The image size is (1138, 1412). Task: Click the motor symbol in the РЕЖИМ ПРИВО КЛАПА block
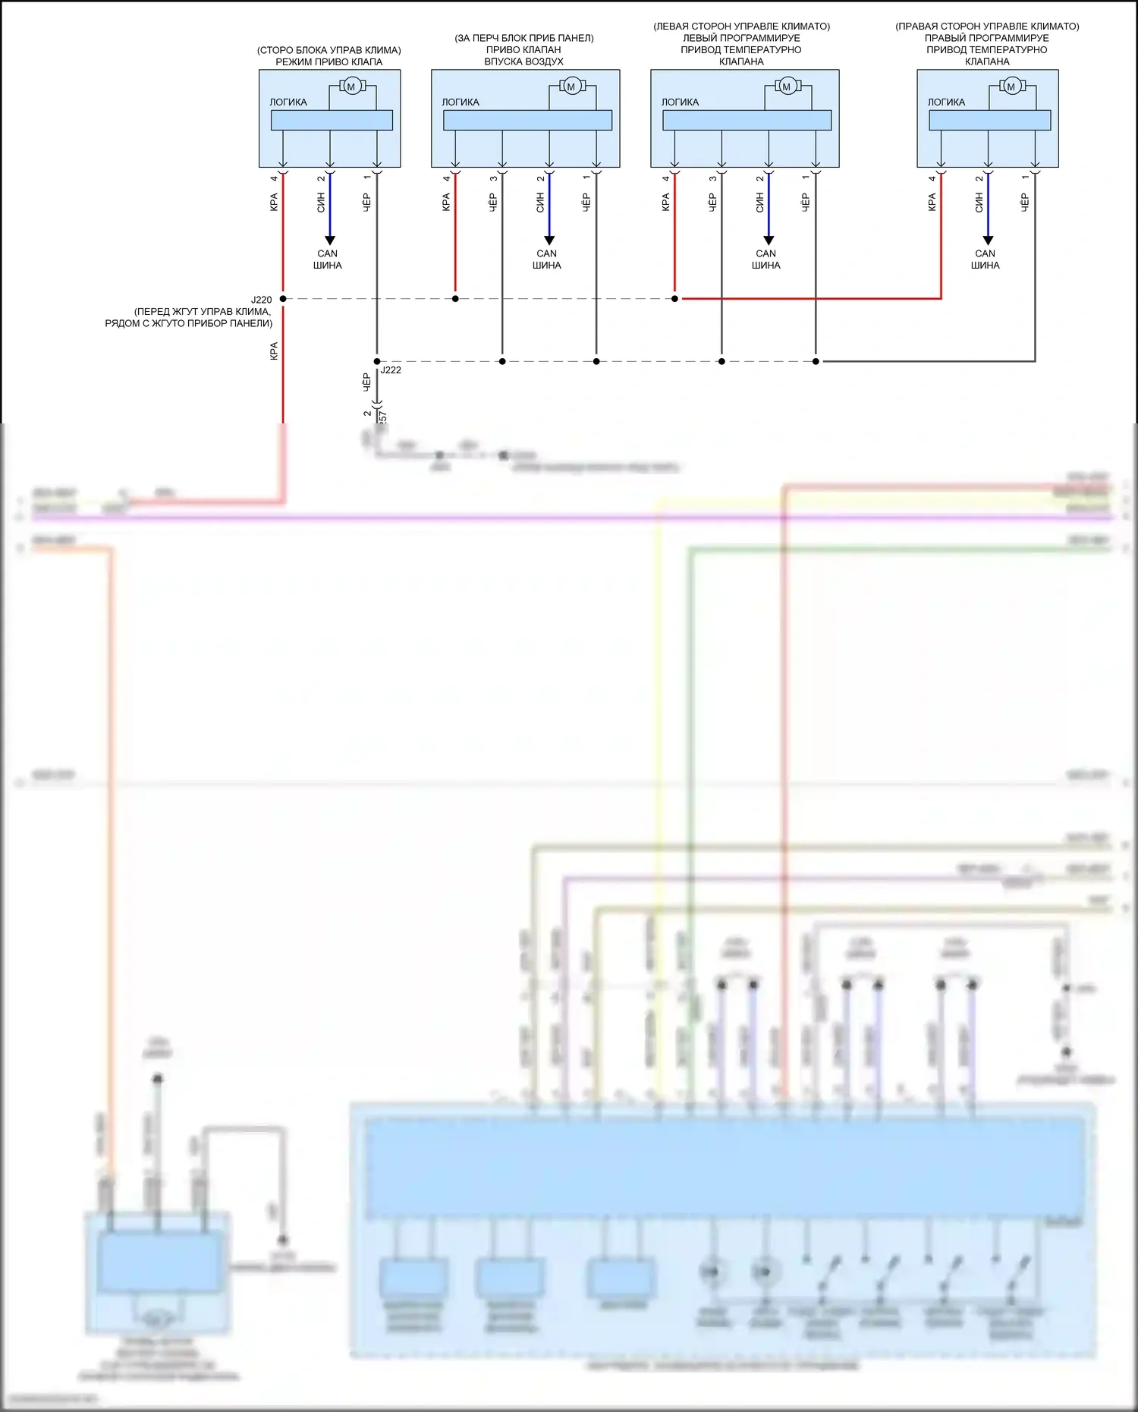click(x=351, y=87)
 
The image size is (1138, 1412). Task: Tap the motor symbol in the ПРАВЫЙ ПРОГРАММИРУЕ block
click(x=1011, y=87)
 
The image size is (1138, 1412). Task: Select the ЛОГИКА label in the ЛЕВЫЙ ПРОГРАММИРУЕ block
click(x=680, y=102)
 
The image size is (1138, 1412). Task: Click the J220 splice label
click(x=261, y=300)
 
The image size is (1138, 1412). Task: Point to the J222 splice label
click(x=391, y=370)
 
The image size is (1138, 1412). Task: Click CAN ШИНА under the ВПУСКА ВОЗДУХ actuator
click(x=546, y=259)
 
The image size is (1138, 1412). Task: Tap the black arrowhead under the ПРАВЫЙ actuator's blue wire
click(x=988, y=241)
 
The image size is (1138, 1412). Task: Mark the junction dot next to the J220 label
click(x=283, y=299)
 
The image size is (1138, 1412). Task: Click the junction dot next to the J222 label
click(x=377, y=361)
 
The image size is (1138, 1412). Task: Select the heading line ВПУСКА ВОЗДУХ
click(x=523, y=61)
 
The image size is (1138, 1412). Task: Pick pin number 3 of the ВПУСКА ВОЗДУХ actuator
click(x=493, y=178)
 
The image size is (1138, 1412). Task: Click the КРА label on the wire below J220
click(x=274, y=351)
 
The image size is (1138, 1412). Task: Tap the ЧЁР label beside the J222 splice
click(x=366, y=382)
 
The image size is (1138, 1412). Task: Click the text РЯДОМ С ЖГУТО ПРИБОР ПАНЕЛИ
click(x=188, y=323)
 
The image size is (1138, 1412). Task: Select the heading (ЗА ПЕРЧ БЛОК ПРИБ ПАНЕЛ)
click(x=523, y=38)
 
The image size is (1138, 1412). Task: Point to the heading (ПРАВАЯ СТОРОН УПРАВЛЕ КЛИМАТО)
click(x=987, y=27)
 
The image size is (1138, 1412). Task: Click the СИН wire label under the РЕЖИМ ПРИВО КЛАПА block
click(x=321, y=202)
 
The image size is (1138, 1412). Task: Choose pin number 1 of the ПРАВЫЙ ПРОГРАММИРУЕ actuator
click(x=1025, y=178)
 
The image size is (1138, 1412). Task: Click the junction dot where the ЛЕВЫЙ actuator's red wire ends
click(x=674, y=299)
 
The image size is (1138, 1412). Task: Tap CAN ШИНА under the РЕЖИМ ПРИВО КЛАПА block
click(x=328, y=259)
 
